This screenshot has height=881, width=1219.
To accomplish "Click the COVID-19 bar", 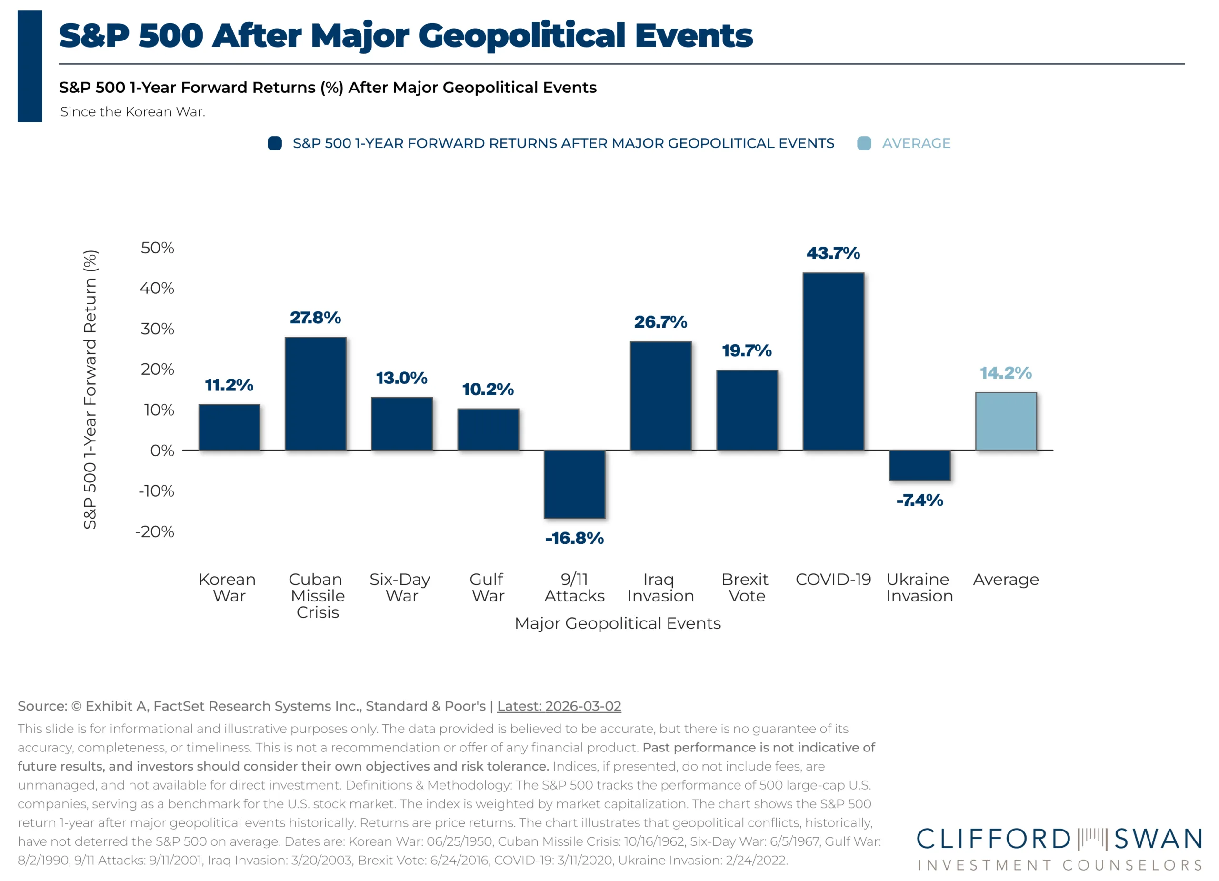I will (x=833, y=361).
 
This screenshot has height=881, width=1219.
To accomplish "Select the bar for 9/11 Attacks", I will (x=574, y=484).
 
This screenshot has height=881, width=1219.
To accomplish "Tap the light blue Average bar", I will (x=1006, y=421).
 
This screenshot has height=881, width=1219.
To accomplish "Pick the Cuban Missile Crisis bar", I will (x=316, y=393).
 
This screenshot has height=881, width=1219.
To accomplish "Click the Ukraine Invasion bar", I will (x=919, y=465).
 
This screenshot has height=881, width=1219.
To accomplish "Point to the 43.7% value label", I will (x=833, y=253).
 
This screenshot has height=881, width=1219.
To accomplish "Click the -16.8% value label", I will (x=574, y=538).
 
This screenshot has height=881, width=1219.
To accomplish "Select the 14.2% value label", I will (x=1006, y=373).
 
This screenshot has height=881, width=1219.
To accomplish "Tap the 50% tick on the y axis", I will (x=158, y=248).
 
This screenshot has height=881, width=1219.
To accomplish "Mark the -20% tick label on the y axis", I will (x=155, y=531).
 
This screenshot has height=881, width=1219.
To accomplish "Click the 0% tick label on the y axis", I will (x=162, y=451).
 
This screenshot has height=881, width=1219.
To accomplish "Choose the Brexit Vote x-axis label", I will (x=746, y=588).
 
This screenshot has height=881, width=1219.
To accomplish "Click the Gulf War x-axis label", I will (x=488, y=588).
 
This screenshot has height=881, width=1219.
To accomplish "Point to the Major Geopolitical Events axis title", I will (x=618, y=623).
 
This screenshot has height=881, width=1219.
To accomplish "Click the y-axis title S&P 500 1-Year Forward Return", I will (x=90, y=389).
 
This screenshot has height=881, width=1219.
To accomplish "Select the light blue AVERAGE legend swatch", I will (x=864, y=143).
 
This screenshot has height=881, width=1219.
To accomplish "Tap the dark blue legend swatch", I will (x=275, y=143).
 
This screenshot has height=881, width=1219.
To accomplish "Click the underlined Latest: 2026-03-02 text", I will (x=559, y=706).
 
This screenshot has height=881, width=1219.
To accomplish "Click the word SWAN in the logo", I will (x=1158, y=839).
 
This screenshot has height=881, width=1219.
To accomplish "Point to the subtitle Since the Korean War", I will (x=132, y=112).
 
